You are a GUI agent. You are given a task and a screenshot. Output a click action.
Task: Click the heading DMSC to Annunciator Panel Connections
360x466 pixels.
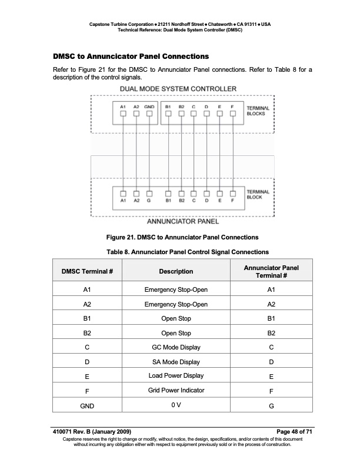pyautogui.click(x=131, y=57)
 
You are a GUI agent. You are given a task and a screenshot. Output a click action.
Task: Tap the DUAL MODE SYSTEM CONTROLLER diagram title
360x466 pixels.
pyautogui.click(x=178, y=89)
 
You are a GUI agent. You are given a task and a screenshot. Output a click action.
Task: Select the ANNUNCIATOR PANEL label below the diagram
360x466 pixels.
pyautogui.click(x=182, y=222)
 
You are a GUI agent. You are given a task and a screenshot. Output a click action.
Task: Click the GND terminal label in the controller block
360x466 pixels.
pyautogui.click(x=149, y=106)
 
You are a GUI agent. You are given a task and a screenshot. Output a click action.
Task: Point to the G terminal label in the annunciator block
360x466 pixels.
pyautogui.click(x=149, y=201)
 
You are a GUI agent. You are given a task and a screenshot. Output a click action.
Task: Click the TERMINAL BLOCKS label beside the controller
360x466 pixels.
pyautogui.click(x=258, y=111)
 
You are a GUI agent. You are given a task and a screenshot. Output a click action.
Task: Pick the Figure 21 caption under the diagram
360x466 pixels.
pyautogui.click(x=182, y=237)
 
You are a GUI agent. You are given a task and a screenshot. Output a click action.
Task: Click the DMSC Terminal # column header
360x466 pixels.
pyautogui.click(x=86, y=271)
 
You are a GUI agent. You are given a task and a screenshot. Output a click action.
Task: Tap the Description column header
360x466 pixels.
pyautogui.click(x=176, y=271)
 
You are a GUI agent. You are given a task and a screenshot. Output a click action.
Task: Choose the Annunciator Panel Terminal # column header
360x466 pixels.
pyautogui.click(x=271, y=271)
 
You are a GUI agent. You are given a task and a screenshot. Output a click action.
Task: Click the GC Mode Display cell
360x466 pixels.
pyautogui.click(x=176, y=347)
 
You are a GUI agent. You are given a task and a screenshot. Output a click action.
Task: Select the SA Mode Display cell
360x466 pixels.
pyautogui.click(x=176, y=362)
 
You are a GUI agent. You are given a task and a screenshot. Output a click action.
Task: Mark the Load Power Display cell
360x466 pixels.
pyautogui.click(x=176, y=375)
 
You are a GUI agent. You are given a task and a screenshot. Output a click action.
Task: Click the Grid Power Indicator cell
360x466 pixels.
pyautogui.click(x=176, y=390)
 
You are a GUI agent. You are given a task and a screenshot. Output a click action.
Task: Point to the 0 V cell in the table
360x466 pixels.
pyautogui.click(x=176, y=404)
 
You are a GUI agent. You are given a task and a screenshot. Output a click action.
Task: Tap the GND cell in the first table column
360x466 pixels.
pyautogui.click(x=86, y=405)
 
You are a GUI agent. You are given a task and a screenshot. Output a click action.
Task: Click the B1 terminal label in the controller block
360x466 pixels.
pyautogui.click(x=168, y=106)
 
